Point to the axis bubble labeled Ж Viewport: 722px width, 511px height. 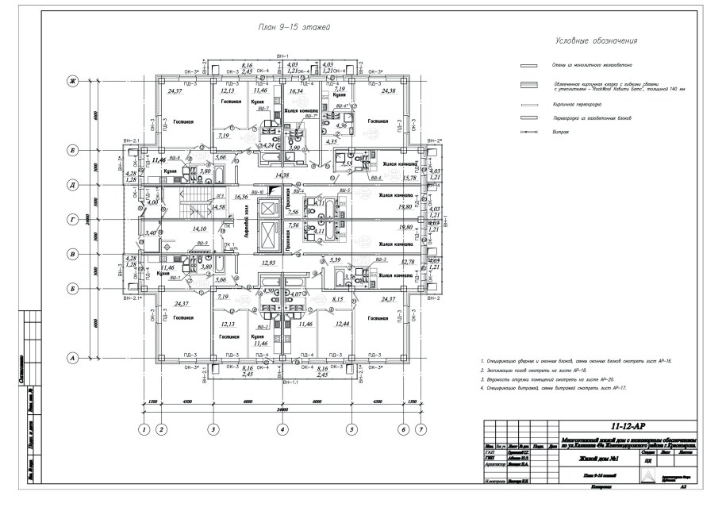71,81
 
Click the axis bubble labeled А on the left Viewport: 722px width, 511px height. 71,358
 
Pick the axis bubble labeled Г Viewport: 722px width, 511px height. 71,219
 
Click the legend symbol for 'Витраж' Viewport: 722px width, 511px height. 526,135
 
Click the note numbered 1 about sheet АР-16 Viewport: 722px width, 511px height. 576,361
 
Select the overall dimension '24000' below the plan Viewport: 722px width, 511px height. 281,409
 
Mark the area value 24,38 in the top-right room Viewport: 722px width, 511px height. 389,91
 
